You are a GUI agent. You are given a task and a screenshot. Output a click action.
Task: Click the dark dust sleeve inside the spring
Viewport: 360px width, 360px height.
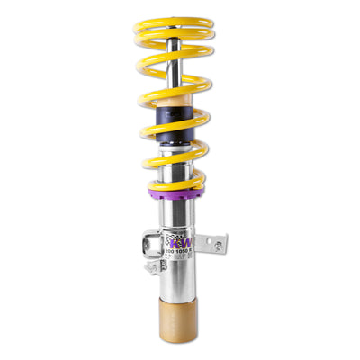(176, 121)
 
